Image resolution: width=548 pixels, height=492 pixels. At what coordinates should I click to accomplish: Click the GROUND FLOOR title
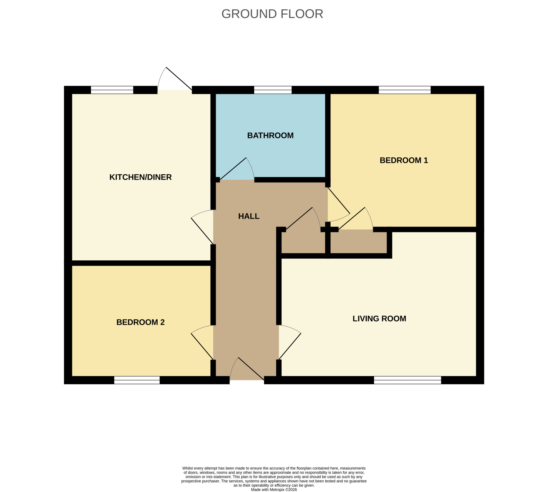click(x=272, y=14)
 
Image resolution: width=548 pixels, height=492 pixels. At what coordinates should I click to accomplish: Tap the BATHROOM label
click(x=270, y=135)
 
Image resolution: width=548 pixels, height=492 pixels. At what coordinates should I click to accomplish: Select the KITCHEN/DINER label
click(x=140, y=177)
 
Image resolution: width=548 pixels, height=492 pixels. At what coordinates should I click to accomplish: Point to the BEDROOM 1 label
click(x=404, y=160)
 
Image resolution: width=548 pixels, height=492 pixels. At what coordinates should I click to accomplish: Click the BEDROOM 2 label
click(x=140, y=322)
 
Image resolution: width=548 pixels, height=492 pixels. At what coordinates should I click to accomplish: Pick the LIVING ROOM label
click(x=379, y=318)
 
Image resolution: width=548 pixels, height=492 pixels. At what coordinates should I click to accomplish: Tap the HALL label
click(x=249, y=216)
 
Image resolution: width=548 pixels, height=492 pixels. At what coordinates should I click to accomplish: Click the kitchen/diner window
click(x=112, y=90)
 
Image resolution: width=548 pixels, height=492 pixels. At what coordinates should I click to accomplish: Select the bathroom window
click(x=273, y=90)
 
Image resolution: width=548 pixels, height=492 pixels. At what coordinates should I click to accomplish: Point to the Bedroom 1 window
click(x=405, y=90)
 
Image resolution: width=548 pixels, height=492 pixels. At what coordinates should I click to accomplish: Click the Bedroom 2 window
click(x=137, y=380)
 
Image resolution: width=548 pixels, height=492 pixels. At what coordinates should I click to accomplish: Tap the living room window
click(x=408, y=380)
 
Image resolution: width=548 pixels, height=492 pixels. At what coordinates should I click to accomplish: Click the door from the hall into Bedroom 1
click(x=339, y=205)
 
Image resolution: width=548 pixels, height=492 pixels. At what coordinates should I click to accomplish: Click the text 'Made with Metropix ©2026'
click(x=274, y=490)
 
